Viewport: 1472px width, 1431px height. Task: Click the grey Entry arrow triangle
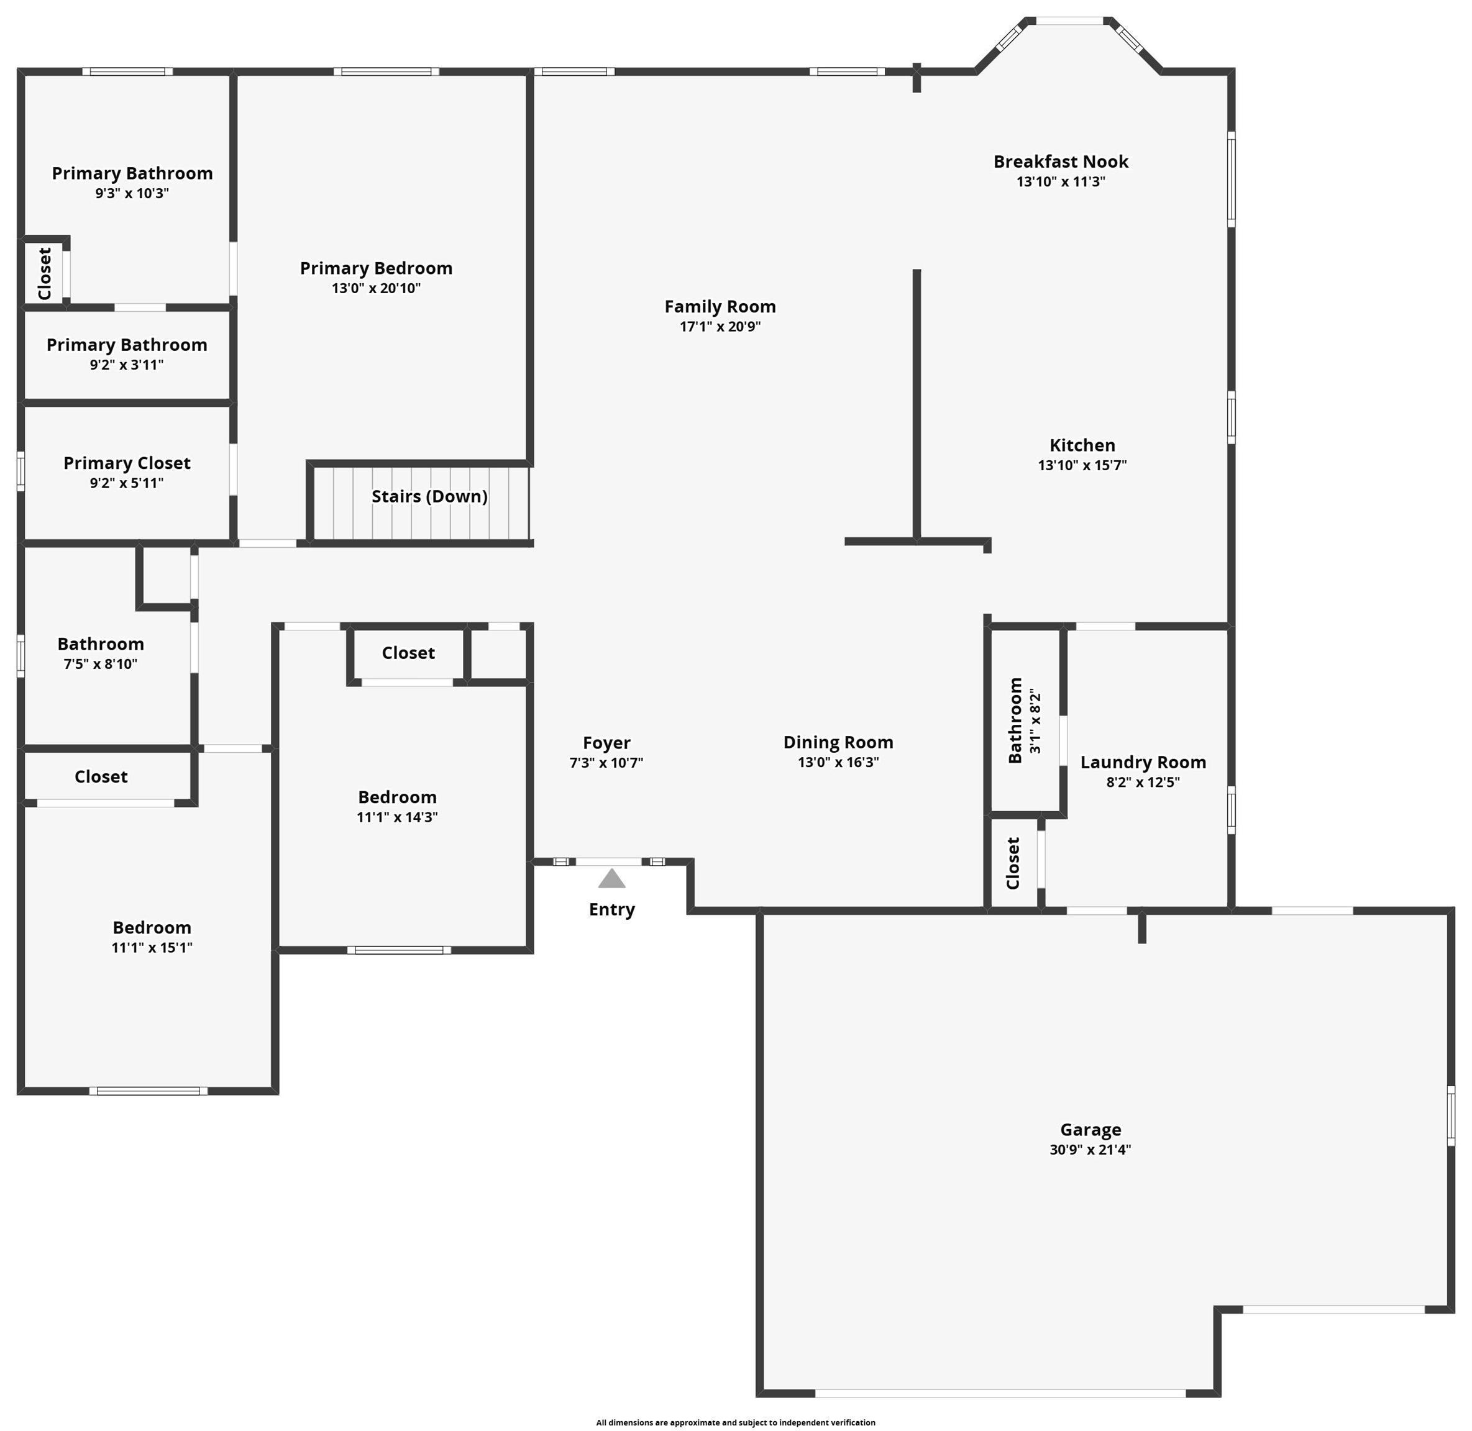(x=612, y=879)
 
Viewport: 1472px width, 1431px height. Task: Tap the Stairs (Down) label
(x=429, y=497)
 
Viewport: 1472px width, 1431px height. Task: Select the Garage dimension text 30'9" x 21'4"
(x=1090, y=1149)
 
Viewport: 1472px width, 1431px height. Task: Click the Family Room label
(x=720, y=307)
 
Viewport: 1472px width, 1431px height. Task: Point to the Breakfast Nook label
(x=1061, y=161)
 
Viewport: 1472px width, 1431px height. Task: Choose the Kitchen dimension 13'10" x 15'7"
(x=1082, y=465)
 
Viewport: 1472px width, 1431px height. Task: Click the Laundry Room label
(x=1143, y=763)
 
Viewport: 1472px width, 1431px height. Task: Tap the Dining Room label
(x=838, y=743)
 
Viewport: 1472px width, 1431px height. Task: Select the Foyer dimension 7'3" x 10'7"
(x=606, y=763)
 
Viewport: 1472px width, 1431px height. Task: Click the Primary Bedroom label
(x=376, y=268)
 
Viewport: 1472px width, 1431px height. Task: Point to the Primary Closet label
(x=127, y=463)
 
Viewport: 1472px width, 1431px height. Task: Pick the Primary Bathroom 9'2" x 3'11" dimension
(x=126, y=365)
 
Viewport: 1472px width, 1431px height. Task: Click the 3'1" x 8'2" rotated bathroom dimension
(x=1035, y=720)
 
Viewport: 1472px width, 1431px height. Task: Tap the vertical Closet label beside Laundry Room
(x=1013, y=863)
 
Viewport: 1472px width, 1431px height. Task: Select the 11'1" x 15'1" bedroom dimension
(x=152, y=948)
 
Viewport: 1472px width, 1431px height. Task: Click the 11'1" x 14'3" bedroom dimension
(x=397, y=817)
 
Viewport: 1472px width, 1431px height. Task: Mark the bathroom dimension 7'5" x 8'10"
(x=100, y=665)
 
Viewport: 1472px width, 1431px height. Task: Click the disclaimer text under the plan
(x=735, y=1422)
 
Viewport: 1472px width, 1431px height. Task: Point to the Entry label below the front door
(x=612, y=910)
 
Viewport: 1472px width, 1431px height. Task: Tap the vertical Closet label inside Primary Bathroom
(x=44, y=273)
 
